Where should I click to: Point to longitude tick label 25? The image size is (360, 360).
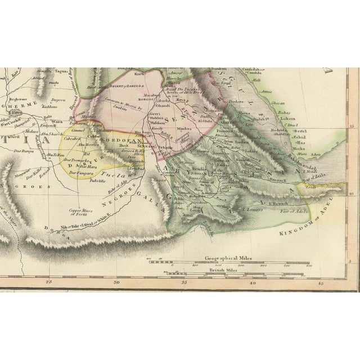pyautogui.click(x=49, y=283)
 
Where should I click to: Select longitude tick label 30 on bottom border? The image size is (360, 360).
pyautogui.click(x=116, y=283)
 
